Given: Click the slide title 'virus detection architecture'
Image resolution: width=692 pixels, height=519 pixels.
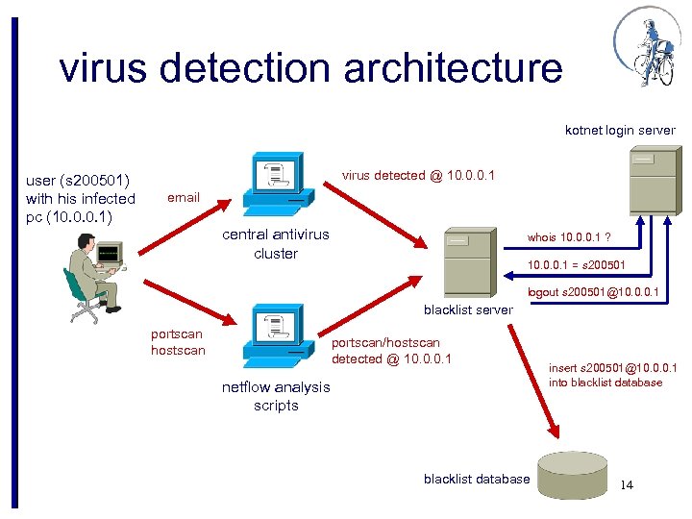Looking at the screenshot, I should tap(309, 67).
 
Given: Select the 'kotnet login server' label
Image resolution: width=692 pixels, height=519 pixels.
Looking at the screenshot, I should tap(620, 130).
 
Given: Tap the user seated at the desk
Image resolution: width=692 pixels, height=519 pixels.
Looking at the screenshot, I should tap(94, 275).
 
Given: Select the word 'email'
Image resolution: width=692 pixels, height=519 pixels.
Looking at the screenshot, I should tap(184, 197).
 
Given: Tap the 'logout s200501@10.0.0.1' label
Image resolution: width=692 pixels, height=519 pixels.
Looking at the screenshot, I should tap(593, 292).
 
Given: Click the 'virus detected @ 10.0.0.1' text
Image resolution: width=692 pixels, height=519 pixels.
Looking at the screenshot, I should tap(418, 175).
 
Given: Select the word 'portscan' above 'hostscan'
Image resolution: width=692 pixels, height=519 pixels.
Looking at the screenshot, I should tap(177, 334).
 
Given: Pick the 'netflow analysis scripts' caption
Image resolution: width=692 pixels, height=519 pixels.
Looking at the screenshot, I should tap(276, 396).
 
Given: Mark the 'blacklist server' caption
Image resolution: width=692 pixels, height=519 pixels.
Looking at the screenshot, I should tap(468, 309).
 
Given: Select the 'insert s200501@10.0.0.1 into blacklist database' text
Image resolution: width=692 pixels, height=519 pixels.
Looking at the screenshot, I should tap(612, 375).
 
